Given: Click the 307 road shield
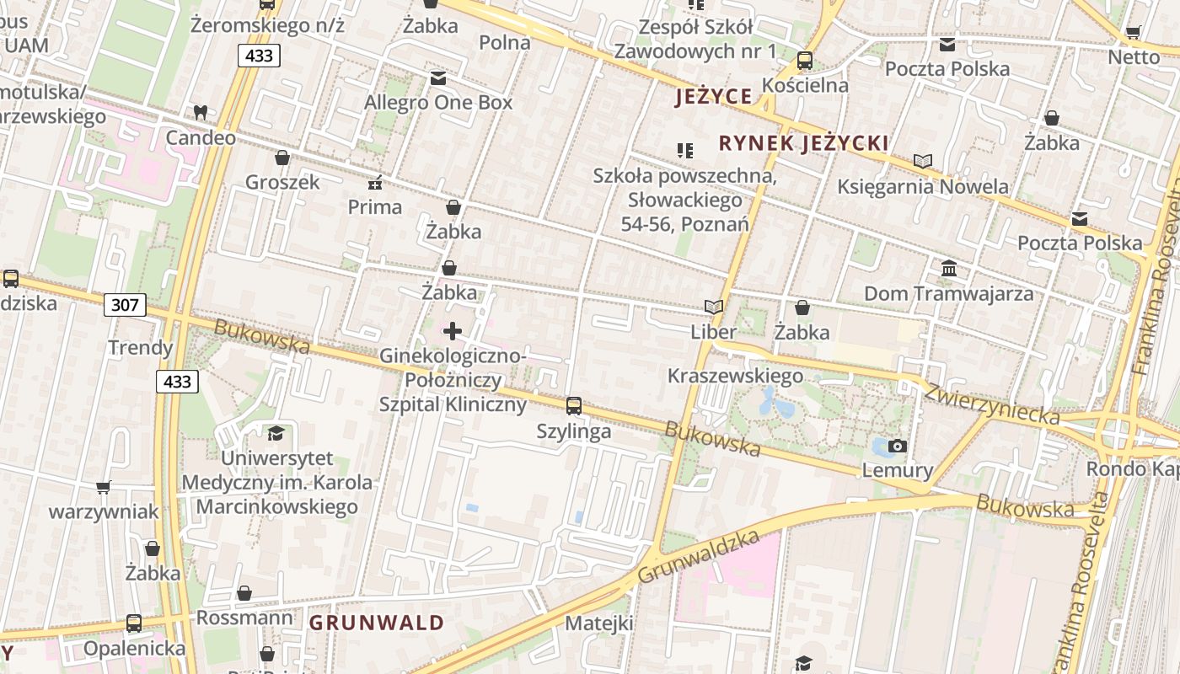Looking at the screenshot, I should (125, 304).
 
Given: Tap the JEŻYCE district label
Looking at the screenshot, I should (713, 97).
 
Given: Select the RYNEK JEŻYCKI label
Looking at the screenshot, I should (804, 143).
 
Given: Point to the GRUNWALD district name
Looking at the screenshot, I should (376, 623).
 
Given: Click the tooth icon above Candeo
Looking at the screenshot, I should (200, 112).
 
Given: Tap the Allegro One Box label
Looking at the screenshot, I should (437, 103).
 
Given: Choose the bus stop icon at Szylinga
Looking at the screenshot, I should (574, 406).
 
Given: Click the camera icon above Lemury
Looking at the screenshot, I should (898, 446).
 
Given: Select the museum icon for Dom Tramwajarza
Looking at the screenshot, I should (949, 269).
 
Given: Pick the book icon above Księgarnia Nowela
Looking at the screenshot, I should (923, 161).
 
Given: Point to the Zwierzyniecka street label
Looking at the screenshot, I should (991, 404).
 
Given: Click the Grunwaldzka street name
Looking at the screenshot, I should (699, 557).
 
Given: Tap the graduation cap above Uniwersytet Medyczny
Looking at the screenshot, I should (276, 434).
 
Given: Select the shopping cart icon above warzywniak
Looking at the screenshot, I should (104, 487).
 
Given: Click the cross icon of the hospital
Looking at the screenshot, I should (453, 331).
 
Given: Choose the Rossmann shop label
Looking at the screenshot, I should (244, 618).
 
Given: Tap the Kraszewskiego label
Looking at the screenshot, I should (735, 376).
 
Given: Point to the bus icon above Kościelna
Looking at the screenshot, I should (805, 61).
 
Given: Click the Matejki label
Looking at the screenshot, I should (598, 623).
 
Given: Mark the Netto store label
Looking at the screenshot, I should (1134, 57).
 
